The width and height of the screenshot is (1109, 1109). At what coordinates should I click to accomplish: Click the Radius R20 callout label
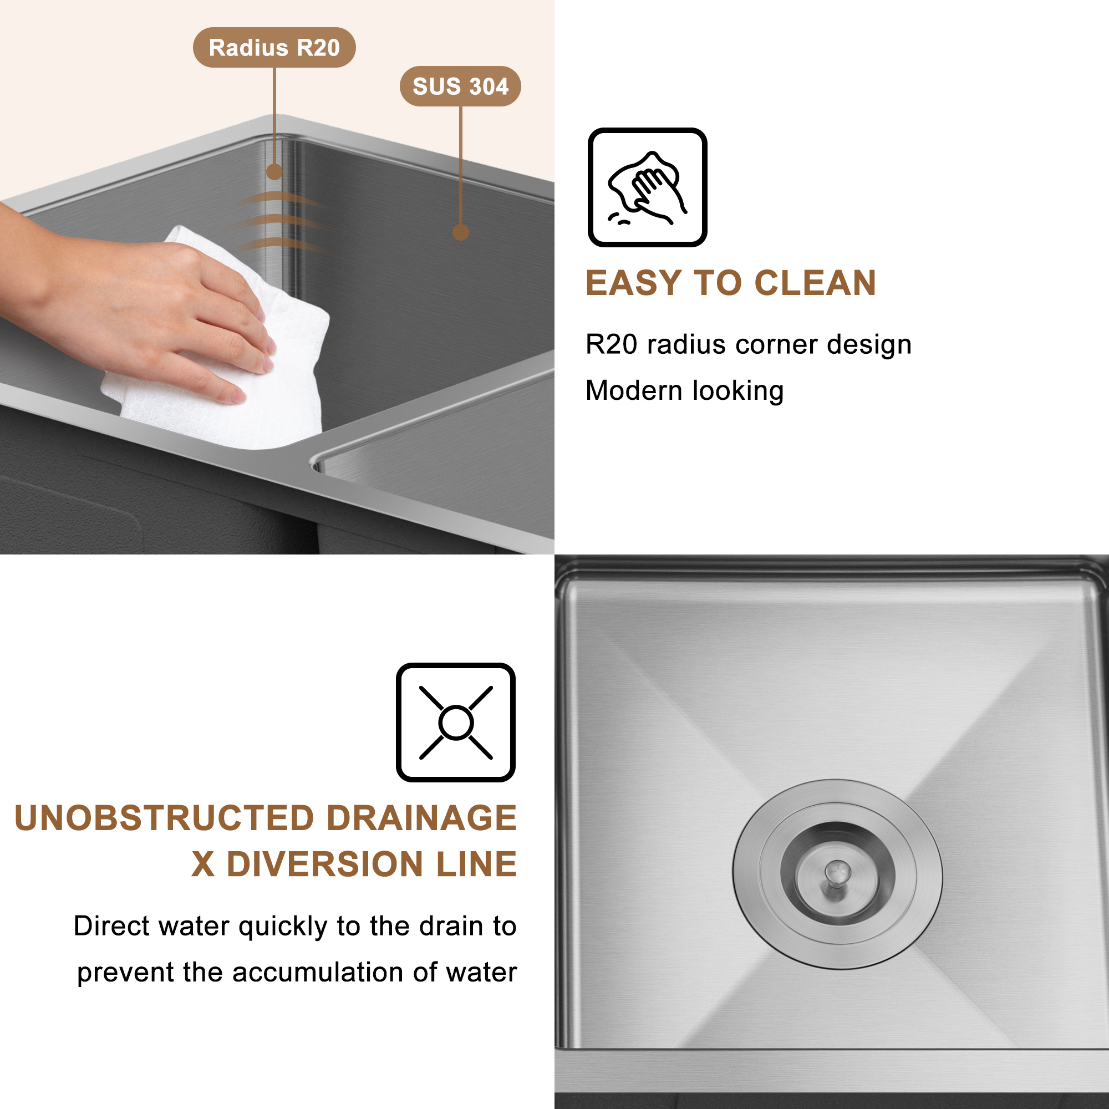tap(274, 48)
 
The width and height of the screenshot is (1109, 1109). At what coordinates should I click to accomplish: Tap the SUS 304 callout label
tap(460, 87)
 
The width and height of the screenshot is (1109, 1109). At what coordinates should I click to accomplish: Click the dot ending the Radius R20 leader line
tap(274, 172)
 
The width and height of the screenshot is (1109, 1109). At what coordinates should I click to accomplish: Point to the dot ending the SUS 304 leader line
tap(460, 232)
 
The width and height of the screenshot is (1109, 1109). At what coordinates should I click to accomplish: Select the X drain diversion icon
tap(455, 722)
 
